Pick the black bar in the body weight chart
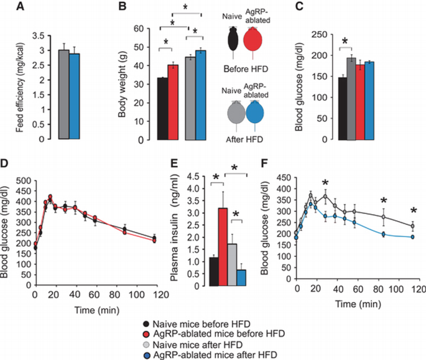tap(163, 108)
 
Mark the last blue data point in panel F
tap(412, 237)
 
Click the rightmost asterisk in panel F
tap(412, 210)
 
